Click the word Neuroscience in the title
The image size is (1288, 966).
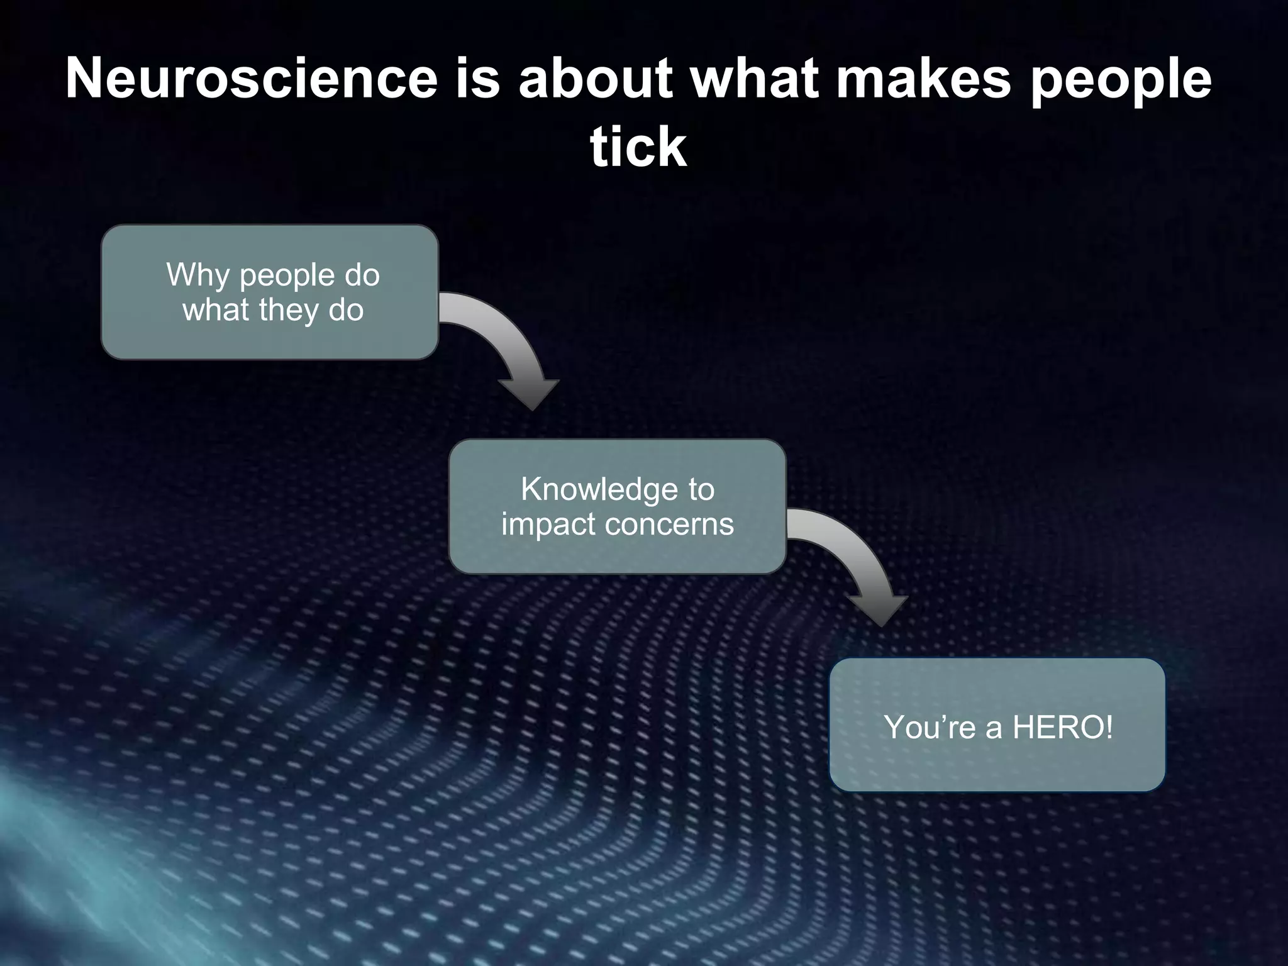pyautogui.click(x=251, y=79)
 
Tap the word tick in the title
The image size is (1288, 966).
pyautogui.click(x=638, y=147)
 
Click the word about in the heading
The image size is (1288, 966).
pyautogui.click(x=595, y=79)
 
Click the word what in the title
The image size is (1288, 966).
pyautogui.click(x=755, y=79)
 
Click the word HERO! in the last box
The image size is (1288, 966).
pyautogui.click(x=1063, y=728)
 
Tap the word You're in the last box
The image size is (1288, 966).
pyautogui.click(x=930, y=728)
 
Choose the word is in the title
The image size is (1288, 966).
pyautogui.click(x=477, y=79)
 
